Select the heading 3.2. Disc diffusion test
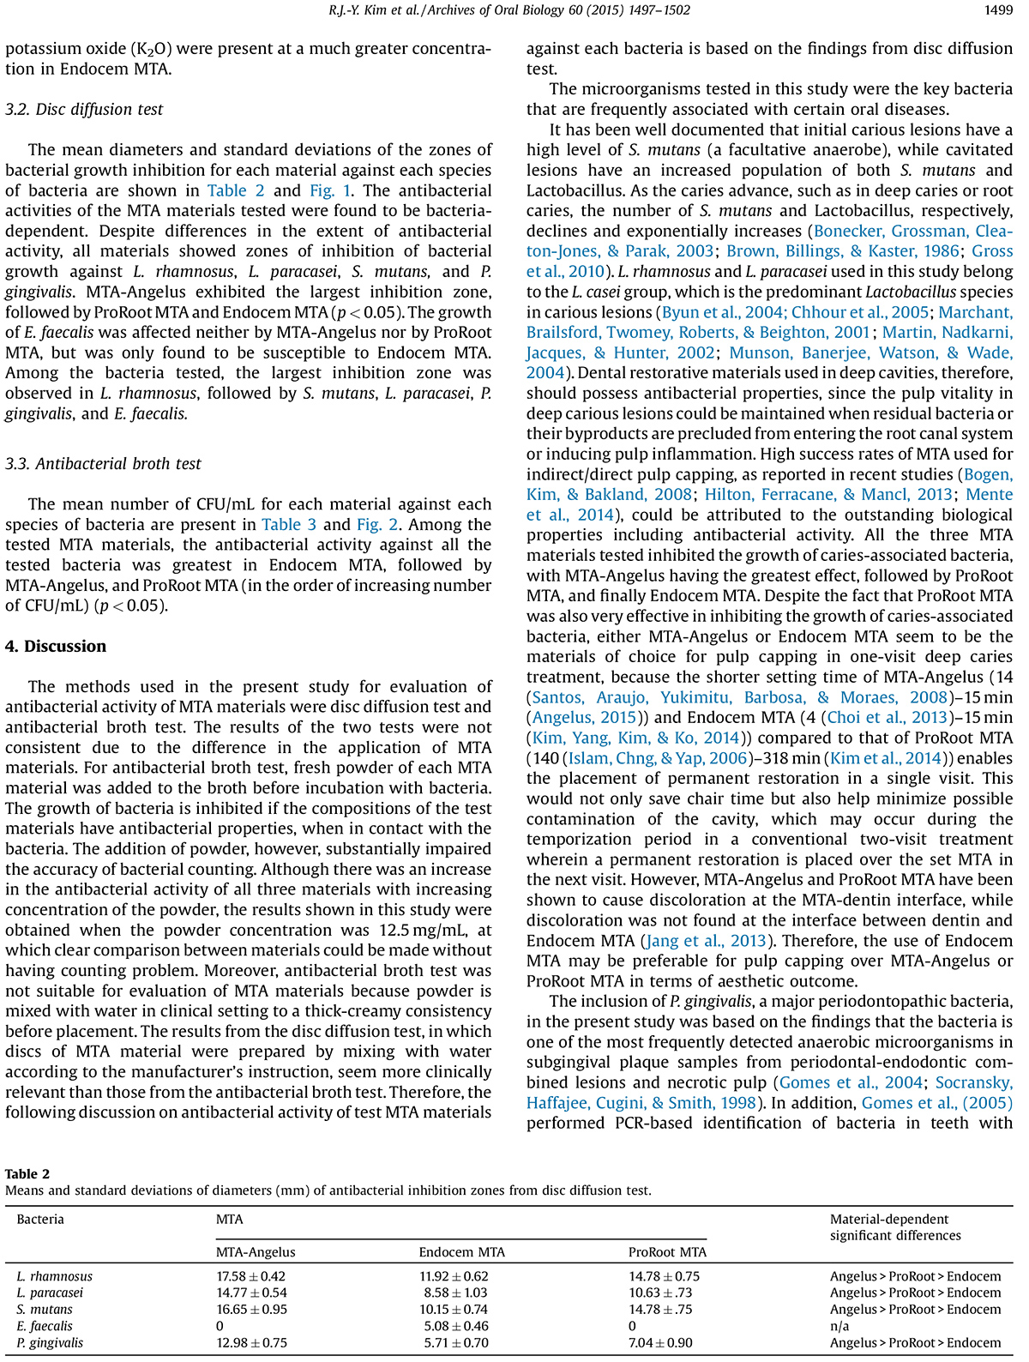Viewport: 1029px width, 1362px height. (x=84, y=110)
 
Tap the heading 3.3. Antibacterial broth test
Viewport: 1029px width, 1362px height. (x=103, y=464)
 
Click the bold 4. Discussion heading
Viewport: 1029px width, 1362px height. (x=56, y=647)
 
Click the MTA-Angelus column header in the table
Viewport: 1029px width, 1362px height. (x=256, y=1252)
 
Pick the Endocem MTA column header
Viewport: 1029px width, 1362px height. (x=461, y=1252)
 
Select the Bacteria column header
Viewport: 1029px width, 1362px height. (x=40, y=1220)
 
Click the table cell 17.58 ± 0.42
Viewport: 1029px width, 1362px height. (x=251, y=1277)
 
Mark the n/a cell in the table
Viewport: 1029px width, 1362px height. (x=839, y=1327)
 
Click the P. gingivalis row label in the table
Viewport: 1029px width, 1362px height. (x=51, y=1343)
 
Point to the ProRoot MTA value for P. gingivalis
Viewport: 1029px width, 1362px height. (x=660, y=1343)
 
